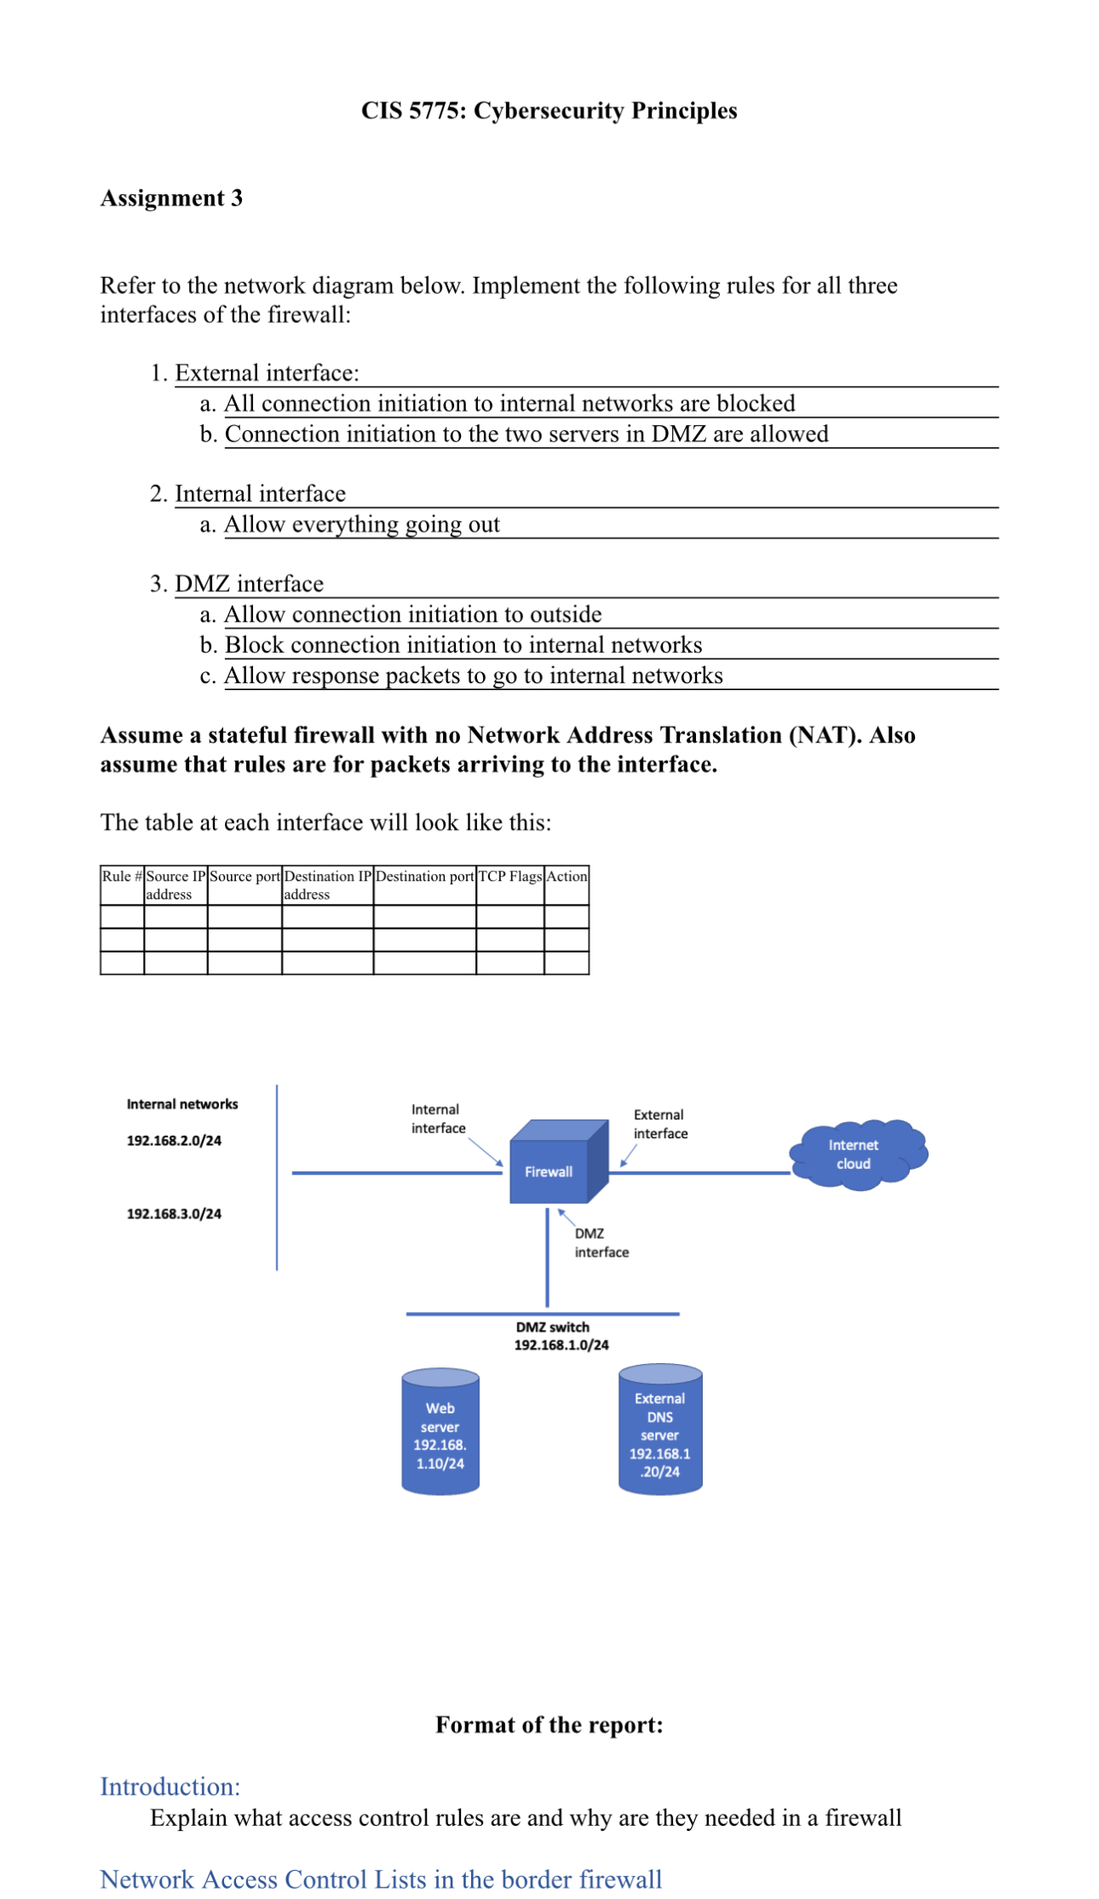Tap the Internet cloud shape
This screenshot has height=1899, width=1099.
tap(855, 1154)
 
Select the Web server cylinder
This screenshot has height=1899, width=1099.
tap(440, 1431)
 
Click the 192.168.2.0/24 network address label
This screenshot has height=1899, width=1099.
tap(174, 1141)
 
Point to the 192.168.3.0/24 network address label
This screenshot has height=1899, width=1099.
tap(174, 1214)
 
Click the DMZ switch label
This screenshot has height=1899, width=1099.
tap(553, 1327)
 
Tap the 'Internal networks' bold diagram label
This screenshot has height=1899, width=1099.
tap(182, 1104)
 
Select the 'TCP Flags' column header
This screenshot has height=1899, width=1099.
tap(509, 877)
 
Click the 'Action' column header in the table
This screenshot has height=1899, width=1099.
tap(567, 877)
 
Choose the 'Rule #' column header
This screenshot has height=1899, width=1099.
tap(122, 877)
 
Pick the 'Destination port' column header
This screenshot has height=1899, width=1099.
tap(424, 877)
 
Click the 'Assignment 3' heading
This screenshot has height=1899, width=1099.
tap(172, 199)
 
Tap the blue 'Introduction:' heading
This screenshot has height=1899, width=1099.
tap(170, 1786)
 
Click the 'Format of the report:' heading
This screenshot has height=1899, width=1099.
tap(549, 1725)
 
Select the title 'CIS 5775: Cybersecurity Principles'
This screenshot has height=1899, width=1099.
tap(549, 111)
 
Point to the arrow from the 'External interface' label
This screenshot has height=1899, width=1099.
tap(628, 1157)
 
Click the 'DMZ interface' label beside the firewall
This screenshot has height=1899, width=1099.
tap(601, 1243)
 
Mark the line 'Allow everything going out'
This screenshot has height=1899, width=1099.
tap(362, 525)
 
